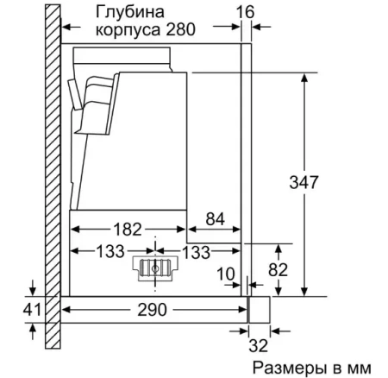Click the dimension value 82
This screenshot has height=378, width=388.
(x=276, y=270)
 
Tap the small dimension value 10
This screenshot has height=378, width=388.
(x=226, y=275)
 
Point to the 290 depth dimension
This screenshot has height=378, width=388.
(x=153, y=310)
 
